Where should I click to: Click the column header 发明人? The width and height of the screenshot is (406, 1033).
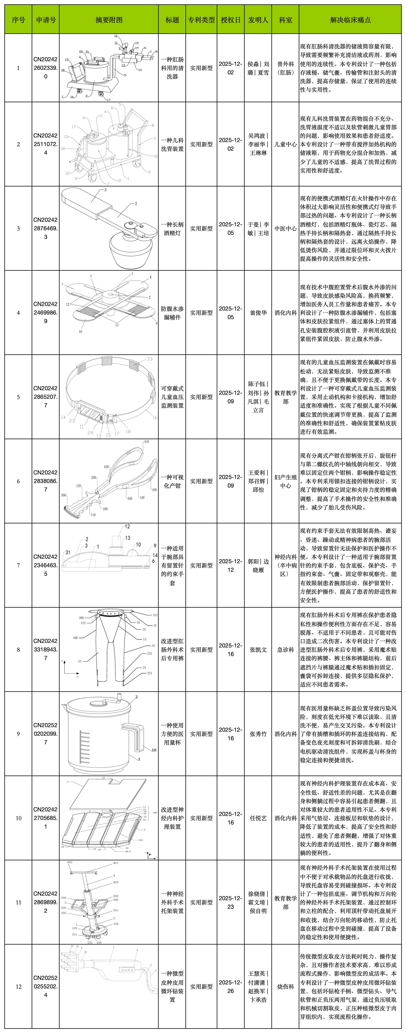[x=258, y=20]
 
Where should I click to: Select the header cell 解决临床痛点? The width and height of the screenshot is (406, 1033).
[x=350, y=20]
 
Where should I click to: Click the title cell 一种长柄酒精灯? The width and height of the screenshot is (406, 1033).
[x=172, y=228]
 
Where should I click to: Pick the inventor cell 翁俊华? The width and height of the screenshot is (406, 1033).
[x=258, y=313]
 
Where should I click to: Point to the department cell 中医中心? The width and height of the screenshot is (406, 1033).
[x=285, y=228]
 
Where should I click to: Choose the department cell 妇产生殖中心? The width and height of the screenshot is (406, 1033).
[x=285, y=481]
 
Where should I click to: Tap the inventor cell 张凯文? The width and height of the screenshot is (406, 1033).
[x=258, y=650]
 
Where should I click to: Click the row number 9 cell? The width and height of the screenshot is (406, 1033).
[x=18, y=734]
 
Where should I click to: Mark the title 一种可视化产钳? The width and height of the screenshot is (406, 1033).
[x=172, y=481]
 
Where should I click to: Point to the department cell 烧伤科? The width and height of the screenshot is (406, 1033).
[x=285, y=987]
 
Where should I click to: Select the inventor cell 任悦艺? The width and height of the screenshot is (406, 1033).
[x=258, y=818]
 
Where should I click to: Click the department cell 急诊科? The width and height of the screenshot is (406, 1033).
[x=285, y=650]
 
